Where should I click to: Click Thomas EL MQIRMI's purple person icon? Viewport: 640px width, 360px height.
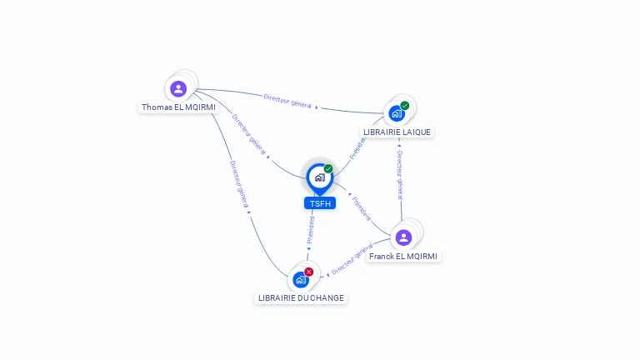tap(178, 88)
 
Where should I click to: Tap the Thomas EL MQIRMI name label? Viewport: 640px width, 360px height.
tap(178, 107)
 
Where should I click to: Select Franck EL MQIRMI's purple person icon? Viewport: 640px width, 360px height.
tap(403, 237)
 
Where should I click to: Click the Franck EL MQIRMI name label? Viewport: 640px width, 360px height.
tap(404, 257)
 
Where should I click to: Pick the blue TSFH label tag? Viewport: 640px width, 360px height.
tap(319, 203)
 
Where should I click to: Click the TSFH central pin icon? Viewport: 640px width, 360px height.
tap(319, 177)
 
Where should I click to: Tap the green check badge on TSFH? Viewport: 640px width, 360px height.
tap(328, 169)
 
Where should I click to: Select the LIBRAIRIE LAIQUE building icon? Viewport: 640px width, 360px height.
tap(396, 113)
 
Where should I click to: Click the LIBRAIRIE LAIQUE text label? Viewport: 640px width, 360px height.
tap(397, 132)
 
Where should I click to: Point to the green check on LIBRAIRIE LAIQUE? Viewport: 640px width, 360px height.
tap(405, 106)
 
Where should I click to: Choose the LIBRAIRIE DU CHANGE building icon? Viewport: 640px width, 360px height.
tap(300, 280)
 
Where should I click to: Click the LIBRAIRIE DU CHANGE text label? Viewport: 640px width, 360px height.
tap(301, 298)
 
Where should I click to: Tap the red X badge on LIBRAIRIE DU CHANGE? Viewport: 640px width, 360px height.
tap(309, 272)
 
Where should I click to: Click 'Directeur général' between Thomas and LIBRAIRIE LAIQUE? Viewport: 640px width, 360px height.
tap(287, 101)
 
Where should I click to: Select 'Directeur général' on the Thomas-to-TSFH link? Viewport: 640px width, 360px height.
tap(249, 135)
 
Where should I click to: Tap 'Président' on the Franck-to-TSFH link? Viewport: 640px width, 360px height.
tap(361, 208)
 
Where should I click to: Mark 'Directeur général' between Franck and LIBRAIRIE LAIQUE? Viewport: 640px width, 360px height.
tap(400, 175)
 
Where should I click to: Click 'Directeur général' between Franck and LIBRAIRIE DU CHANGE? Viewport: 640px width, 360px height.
tap(352, 259)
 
